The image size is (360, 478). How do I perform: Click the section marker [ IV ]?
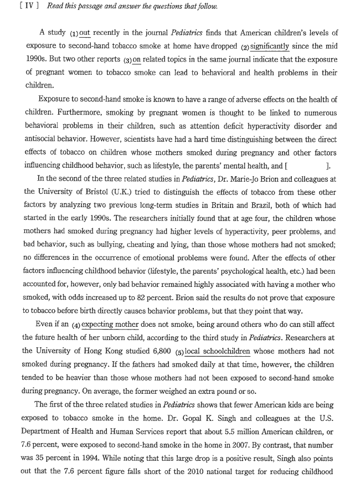13,6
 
